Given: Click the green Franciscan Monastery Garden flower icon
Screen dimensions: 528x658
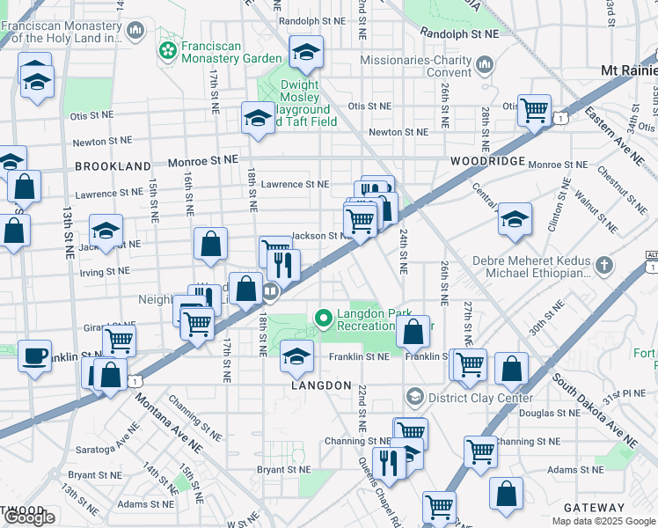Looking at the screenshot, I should (x=167, y=51).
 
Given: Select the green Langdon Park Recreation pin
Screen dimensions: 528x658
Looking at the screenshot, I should (x=323, y=317).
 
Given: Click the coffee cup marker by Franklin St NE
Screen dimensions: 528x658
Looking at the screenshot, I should (x=34, y=356).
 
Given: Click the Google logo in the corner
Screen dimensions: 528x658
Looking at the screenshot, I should (x=29, y=517).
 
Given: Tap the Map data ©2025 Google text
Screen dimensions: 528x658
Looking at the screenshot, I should (x=603, y=521).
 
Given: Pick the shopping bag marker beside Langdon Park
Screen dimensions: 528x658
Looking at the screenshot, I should (x=412, y=332).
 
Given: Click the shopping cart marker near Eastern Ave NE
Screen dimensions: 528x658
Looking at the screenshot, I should (x=534, y=111).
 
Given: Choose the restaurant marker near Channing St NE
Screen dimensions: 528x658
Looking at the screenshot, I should (x=387, y=461).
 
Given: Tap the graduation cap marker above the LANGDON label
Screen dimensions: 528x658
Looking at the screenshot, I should (x=296, y=356).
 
